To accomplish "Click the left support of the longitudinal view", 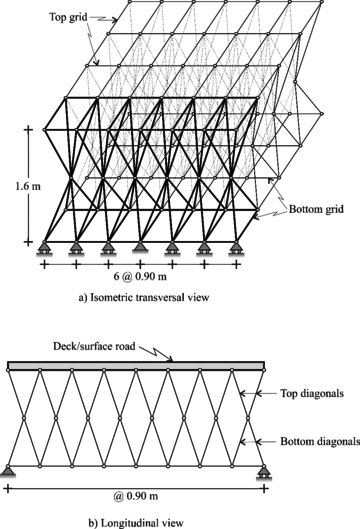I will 8,470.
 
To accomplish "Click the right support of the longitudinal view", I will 263,470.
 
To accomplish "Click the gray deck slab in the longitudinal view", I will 135,367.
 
